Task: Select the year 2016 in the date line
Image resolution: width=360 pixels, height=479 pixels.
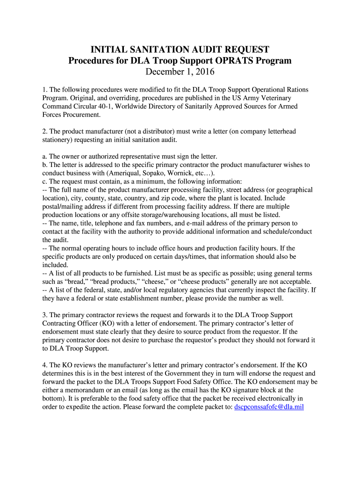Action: tap(205, 72)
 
